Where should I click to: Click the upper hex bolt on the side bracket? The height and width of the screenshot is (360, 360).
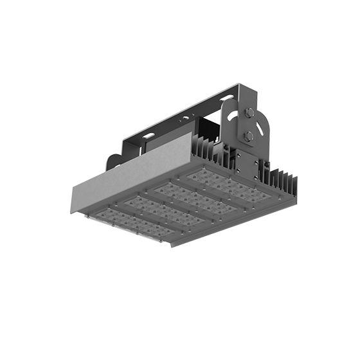[249, 113]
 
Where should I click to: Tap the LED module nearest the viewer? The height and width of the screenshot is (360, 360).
[132, 224]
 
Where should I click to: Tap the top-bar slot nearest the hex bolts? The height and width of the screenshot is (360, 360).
[226, 98]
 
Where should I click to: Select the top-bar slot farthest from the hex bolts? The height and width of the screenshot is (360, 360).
[148, 136]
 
